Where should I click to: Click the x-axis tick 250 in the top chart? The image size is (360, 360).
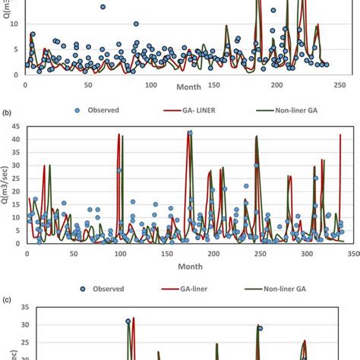pyautogui.click(x=339, y=84)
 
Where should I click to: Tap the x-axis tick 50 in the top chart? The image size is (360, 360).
pyautogui.click(x=88, y=84)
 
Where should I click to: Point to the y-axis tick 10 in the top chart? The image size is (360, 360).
pyautogui.click(x=14, y=24)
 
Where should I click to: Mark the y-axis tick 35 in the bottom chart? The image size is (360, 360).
pyautogui.click(x=14, y=308)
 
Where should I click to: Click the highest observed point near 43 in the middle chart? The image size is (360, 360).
pyautogui.click(x=190, y=133)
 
